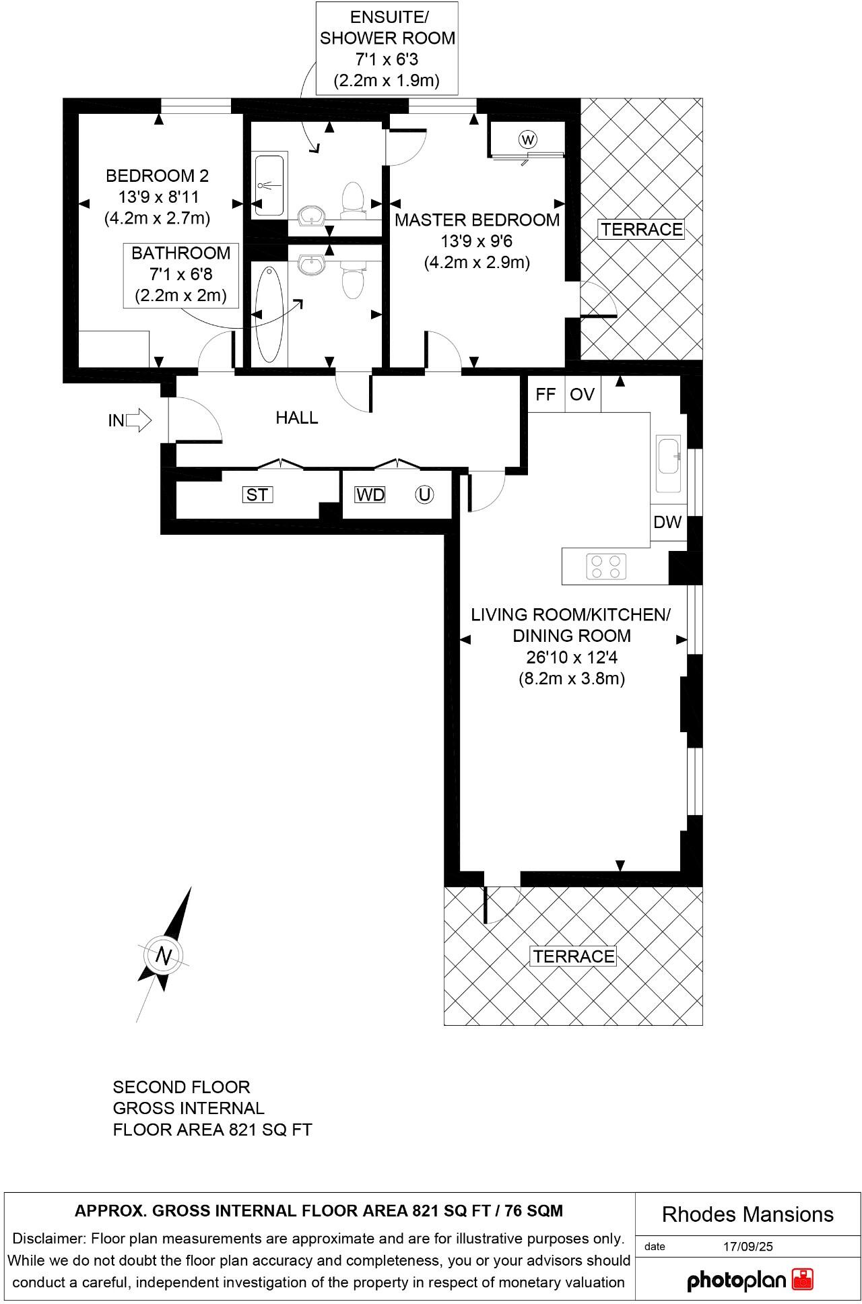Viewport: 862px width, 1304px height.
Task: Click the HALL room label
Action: (297, 418)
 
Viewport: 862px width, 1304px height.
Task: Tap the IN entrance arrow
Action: (138, 420)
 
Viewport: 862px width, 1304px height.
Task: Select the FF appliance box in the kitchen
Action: (545, 394)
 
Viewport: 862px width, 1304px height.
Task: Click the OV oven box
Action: (583, 394)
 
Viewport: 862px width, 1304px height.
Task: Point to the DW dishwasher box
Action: (667, 522)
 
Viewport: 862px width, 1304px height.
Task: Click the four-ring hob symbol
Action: (606, 566)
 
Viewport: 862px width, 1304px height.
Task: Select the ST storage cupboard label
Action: (257, 495)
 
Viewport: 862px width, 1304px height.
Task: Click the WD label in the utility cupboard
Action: (370, 495)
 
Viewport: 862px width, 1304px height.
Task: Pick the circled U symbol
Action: (424, 495)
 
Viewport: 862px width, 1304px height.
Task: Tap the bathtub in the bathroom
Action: (269, 314)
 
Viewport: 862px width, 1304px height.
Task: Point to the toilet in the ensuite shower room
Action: (352, 201)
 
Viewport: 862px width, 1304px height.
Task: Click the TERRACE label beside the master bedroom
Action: (641, 230)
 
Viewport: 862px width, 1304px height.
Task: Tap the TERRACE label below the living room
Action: (574, 956)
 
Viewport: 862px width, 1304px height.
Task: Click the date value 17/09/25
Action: (748, 1247)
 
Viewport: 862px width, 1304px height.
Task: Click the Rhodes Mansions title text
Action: (748, 1214)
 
